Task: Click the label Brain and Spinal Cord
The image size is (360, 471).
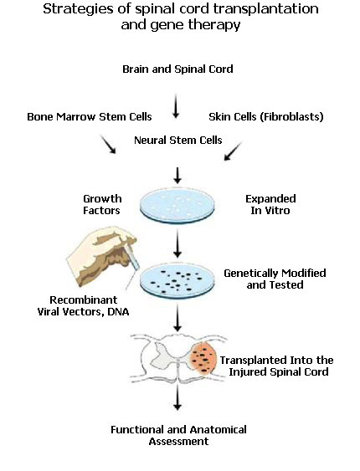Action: click(177, 69)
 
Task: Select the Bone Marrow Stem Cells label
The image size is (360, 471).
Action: click(90, 116)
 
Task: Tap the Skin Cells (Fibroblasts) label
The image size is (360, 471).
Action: click(266, 116)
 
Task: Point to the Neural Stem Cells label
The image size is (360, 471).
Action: click(177, 140)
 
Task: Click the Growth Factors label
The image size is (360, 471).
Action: click(101, 205)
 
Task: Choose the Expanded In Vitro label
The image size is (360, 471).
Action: click(270, 205)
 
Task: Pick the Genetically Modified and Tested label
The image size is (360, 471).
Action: click(275, 279)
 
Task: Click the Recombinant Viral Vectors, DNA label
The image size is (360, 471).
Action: click(83, 306)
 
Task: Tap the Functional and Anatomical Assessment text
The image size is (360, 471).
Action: click(178, 435)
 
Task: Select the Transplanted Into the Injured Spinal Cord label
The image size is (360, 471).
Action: click(277, 366)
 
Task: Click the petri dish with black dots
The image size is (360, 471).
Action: click(177, 280)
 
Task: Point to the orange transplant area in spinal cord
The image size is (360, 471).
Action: click(203, 360)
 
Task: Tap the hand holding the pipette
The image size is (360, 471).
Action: click(102, 255)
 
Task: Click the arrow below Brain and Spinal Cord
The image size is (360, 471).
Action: click(176, 105)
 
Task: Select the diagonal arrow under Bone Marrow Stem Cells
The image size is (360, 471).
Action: click(108, 144)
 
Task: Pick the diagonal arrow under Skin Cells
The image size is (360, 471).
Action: click(233, 151)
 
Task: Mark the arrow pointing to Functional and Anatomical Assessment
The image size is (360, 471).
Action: click(177, 397)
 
